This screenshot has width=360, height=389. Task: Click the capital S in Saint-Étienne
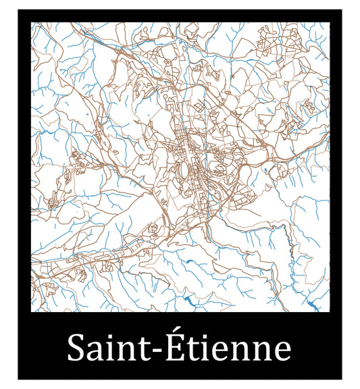coord(76,349)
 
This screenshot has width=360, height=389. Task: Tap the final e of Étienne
coord(282,353)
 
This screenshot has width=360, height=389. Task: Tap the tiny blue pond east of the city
coord(265,169)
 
